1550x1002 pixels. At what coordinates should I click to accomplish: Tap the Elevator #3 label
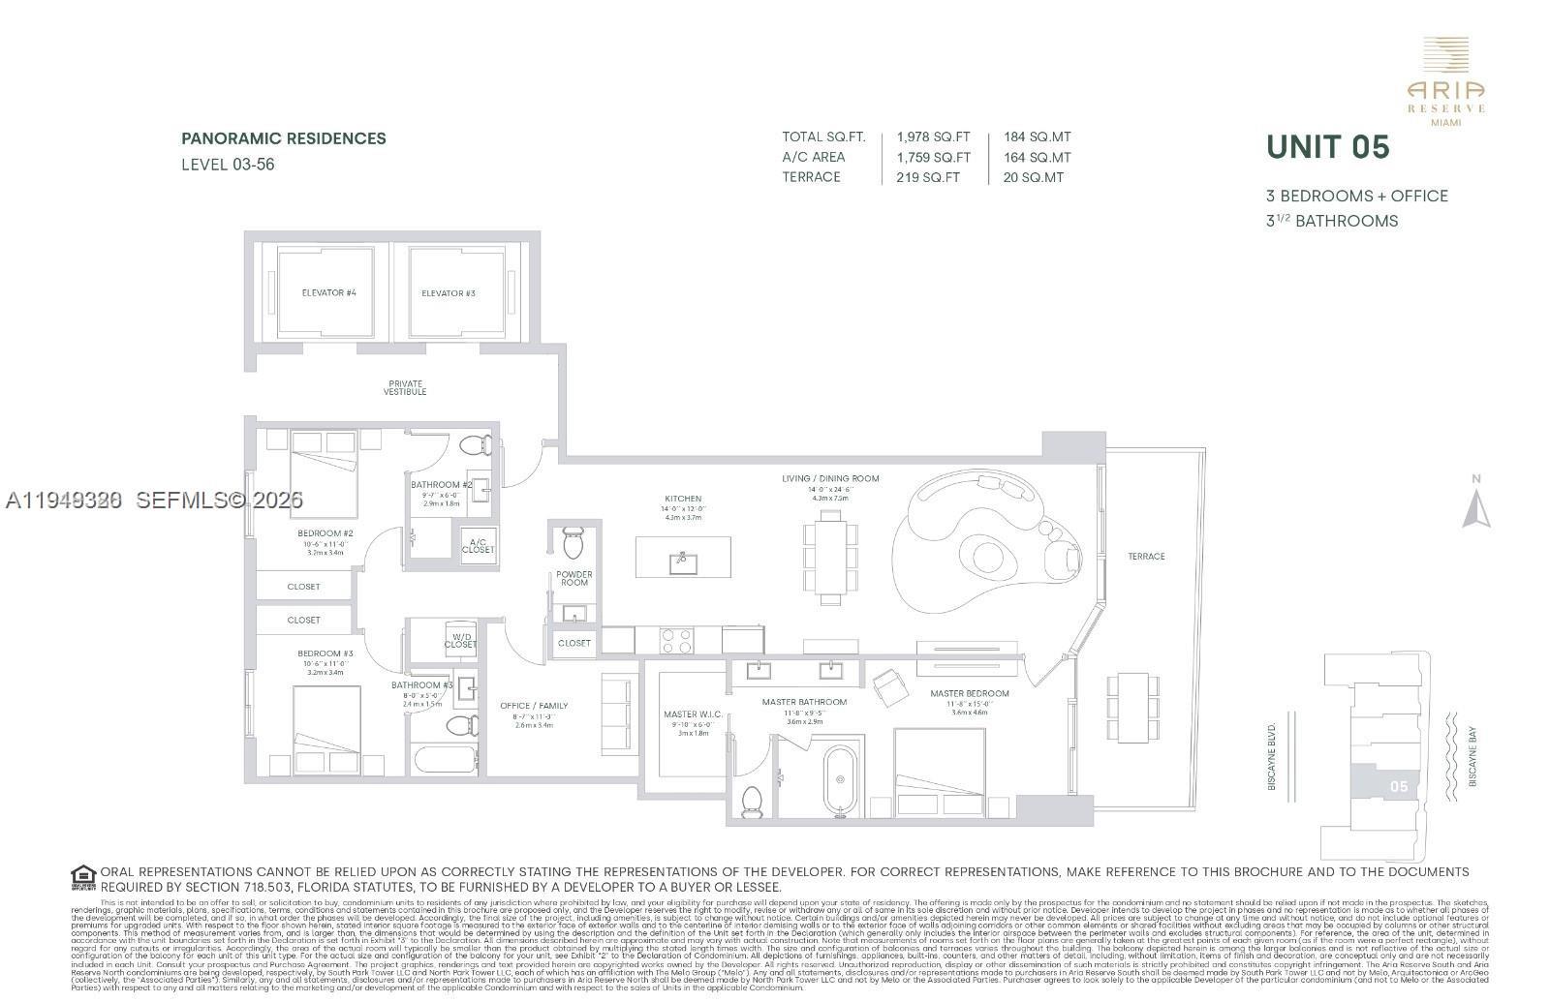(x=449, y=293)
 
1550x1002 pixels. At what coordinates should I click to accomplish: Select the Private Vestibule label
(x=405, y=388)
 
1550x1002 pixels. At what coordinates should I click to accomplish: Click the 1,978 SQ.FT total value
(x=933, y=137)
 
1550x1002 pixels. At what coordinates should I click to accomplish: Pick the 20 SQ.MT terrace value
(x=1034, y=177)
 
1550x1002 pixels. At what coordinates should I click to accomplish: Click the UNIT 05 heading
(x=1327, y=147)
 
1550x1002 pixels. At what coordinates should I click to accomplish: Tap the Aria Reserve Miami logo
(x=1445, y=82)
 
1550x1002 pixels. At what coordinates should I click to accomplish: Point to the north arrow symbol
(x=1475, y=505)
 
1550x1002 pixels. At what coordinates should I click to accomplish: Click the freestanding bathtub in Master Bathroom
(x=840, y=781)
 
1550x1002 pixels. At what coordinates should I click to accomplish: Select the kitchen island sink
(x=682, y=559)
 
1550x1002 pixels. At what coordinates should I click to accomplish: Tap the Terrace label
(x=1146, y=557)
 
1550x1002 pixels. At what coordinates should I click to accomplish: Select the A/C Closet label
(x=478, y=546)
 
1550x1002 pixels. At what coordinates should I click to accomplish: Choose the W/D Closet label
(x=460, y=641)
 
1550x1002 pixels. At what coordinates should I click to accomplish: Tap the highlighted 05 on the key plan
(x=1398, y=786)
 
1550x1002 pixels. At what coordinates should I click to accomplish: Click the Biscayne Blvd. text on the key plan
(x=1272, y=755)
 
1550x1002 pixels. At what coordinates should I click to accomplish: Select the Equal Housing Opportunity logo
(x=84, y=878)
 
